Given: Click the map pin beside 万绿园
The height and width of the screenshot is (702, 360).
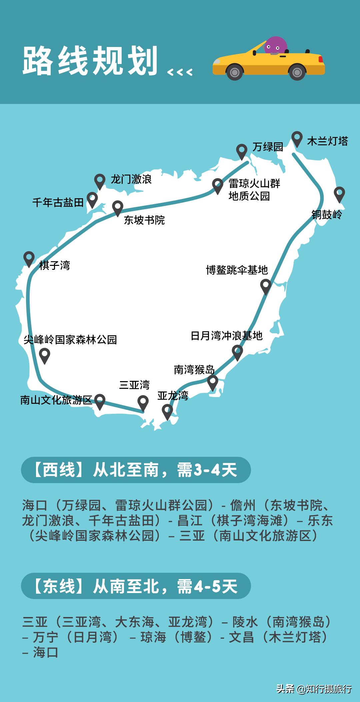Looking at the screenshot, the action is pyautogui.click(x=242, y=151).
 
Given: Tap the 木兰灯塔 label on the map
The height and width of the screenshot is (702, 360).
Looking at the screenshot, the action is pyautogui.click(x=327, y=141).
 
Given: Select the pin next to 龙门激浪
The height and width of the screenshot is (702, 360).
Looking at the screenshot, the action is pyautogui.click(x=100, y=181).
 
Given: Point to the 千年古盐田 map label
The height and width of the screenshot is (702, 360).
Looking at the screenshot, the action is pyautogui.click(x=58, y=202).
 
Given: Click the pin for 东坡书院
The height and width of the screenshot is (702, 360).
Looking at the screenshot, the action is pyautogui.click(x=117, y=208).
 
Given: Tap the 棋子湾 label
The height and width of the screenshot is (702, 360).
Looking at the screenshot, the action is pyautogui.click(x=55, y=266).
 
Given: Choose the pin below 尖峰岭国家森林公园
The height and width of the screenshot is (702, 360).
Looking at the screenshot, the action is pyautogui.click(x=45, y=355).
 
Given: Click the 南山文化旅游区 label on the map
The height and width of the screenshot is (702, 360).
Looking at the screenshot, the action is pyautogui.click(x=56, y=400).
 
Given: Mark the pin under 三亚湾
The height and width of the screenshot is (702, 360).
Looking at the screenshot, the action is pyautogui.click(x=143, y=402).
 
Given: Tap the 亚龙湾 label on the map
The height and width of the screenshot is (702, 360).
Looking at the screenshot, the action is pyautogui.click(x=173, y=395).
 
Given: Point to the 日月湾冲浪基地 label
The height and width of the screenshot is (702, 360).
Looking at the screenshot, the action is pyautogui.click(x=227, y=336).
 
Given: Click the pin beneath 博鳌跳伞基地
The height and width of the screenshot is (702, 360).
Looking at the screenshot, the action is pyautogui.click(x=266, y=286).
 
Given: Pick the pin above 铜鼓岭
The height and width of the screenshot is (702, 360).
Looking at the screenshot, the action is pyautogui.click(x=339, y=194).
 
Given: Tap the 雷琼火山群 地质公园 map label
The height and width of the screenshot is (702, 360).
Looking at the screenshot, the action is pyautogui.click(x=254, y=190).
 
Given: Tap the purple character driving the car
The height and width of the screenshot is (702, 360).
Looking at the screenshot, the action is pyautogui.click(x=275, y=46).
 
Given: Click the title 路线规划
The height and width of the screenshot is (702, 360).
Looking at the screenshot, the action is pyautogui.click(x=90, y=61).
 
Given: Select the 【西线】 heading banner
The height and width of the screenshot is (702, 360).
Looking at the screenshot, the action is pyautogui.click(x=136, y=470).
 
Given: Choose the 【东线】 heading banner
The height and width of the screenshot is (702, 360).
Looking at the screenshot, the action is pyautogui.click(x=136, y=586).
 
